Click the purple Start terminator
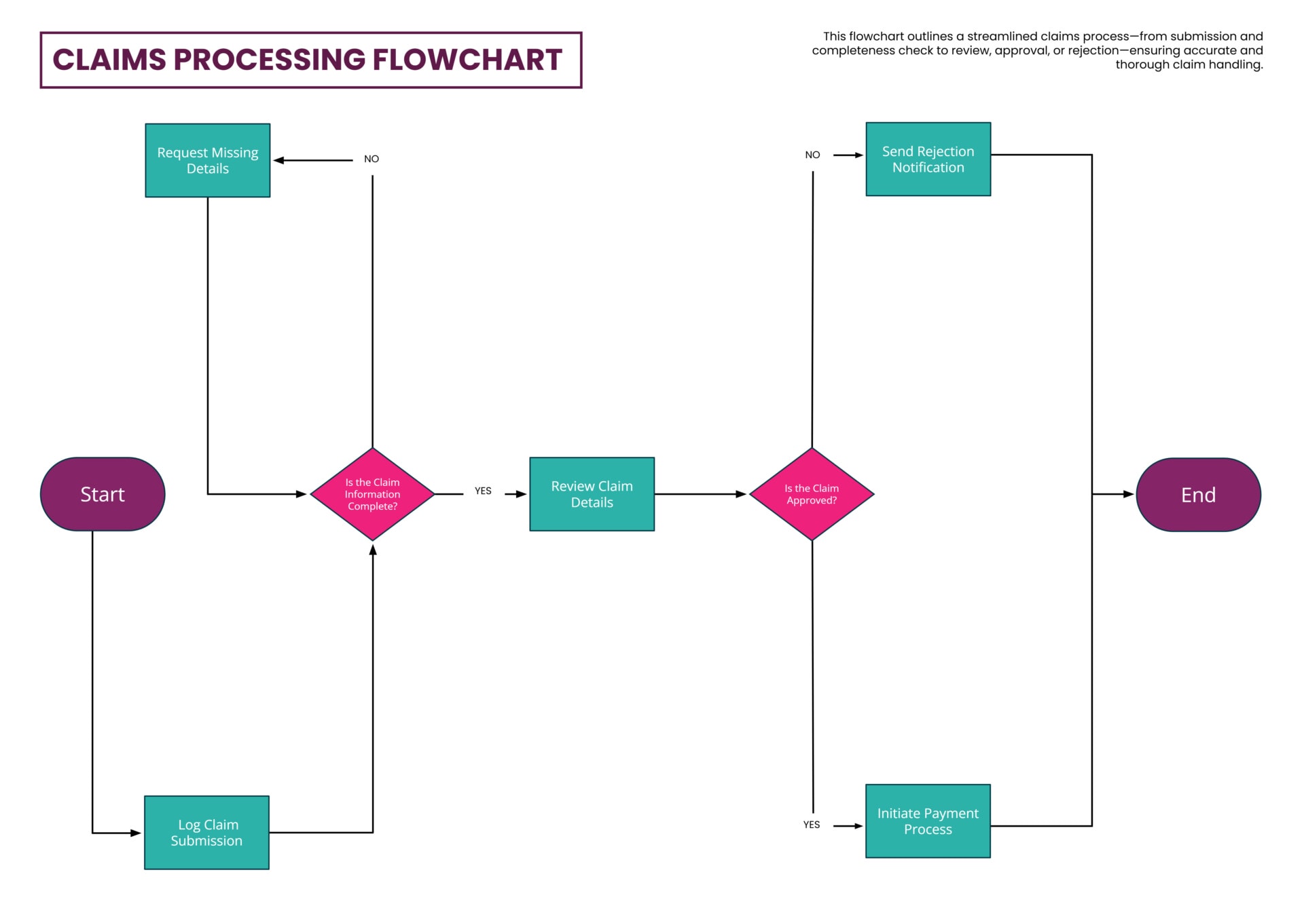(103, 494)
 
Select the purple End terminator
(1198, 495)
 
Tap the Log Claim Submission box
(206, 832)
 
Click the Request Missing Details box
(208, 160)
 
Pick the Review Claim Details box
(592, 494)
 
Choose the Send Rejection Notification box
(928, 159)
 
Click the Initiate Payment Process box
(928, 821)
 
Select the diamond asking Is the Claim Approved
(812, 494)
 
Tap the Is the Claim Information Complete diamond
(372, 494)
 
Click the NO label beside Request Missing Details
(372, 159)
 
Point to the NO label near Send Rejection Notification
(812, 155)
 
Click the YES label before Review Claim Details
(483, 491)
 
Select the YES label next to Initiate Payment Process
(812, 825)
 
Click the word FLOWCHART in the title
(467, 60)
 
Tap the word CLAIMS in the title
(109, 60)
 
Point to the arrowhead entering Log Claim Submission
(136, 833)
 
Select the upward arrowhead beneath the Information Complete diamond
(373, 550)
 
